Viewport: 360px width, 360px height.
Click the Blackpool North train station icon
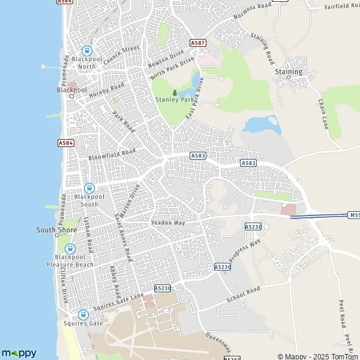pyautogui.click(x=86, y=52)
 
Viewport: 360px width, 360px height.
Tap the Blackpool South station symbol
pyautogui.click(x=89, y=188)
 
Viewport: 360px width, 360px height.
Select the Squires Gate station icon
pyautogui.click(x=83, y=314)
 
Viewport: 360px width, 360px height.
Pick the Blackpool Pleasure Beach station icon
pyautogui.click(x=70, y=249)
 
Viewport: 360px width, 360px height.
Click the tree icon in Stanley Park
pyautogui.click(x=175, y=93)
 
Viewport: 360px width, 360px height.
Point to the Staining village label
pyautogui.click(x=289, y=72)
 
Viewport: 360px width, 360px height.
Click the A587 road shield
pyautogui.click(x=197, y=43)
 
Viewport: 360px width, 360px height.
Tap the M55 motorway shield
pyautogui.click(x=353, y=214)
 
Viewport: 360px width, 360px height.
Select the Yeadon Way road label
pyautogui.click(x=169, y=223)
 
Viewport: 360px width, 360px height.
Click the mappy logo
pyautogui.click(x=19, y=353)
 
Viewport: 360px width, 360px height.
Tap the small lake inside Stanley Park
pyautogui.click(x=196, y=78)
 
